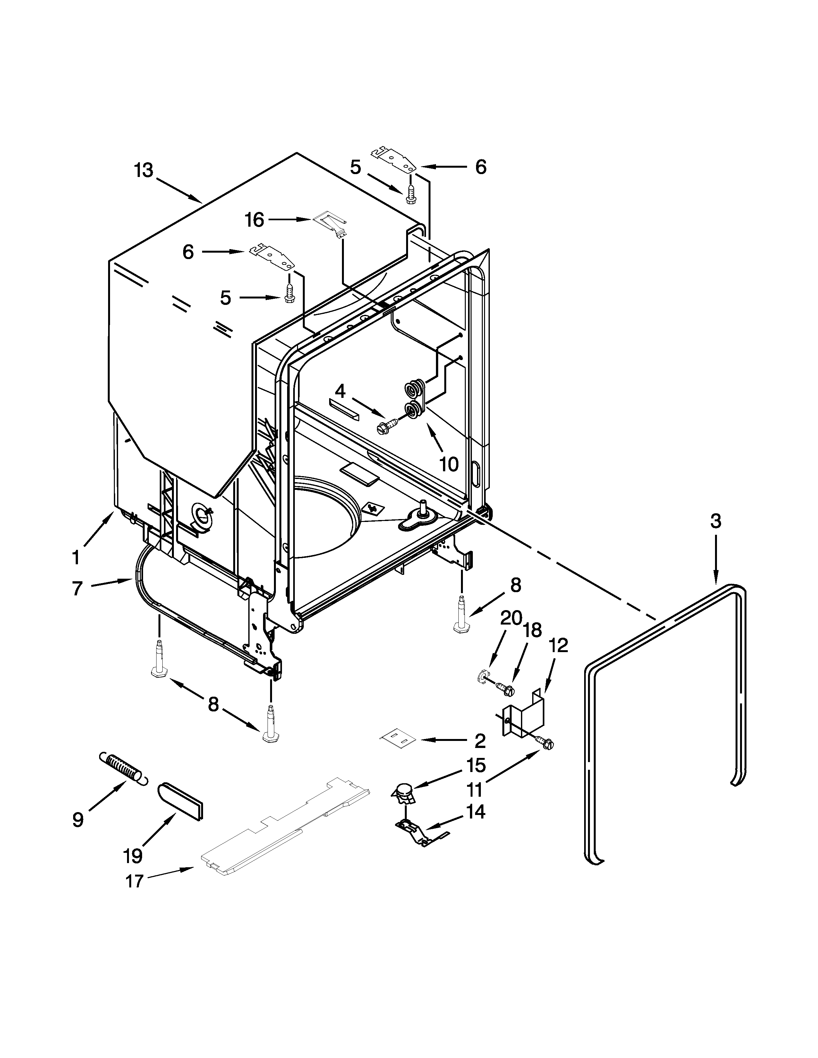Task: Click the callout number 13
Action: point(144,171)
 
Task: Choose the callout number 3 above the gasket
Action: point(716,521)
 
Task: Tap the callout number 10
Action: point(449,464)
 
